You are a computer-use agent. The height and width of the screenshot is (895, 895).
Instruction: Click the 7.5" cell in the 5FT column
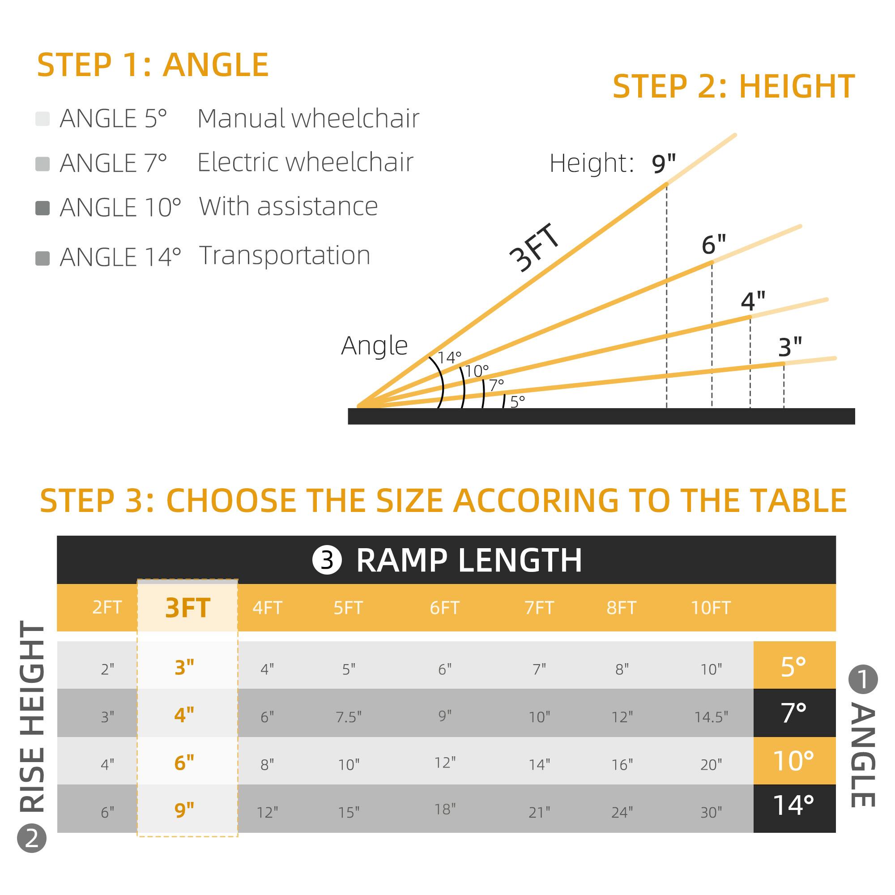coord(348,716)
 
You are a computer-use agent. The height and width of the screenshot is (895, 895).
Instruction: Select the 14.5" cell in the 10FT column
coord(711,716)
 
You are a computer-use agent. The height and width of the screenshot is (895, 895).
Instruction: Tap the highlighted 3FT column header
coord(188,608)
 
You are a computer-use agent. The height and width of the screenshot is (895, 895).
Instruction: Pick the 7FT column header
coord(539,608)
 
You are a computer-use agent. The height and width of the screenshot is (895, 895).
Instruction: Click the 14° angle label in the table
coord(793,805)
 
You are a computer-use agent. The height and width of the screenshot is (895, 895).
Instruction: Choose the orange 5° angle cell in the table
coord(793,667)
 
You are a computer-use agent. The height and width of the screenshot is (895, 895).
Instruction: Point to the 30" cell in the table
coord(711,812)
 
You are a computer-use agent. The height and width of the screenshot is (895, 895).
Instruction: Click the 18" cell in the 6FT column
coord(445,809)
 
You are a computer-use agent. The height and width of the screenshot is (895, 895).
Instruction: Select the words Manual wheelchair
coord(308,119)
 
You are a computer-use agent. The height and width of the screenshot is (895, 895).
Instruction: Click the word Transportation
coord(285,255)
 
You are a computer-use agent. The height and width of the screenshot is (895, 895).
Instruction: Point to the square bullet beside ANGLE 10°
coord(43,208)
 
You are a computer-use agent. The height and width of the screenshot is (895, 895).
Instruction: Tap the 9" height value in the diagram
coord(663,163)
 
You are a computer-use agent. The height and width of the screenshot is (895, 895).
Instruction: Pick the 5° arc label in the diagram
coord(517,401)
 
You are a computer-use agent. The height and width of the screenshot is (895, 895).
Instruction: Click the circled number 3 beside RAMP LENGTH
coord(327,560)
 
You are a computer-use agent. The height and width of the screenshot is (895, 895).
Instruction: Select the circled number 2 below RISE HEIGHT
coord(32,851)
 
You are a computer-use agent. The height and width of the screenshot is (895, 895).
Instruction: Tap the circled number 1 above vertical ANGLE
coord(863,680)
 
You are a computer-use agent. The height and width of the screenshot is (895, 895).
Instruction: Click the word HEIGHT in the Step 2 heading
coord(797,87)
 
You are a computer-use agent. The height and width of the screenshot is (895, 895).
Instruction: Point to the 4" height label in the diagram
coord(753,301)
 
